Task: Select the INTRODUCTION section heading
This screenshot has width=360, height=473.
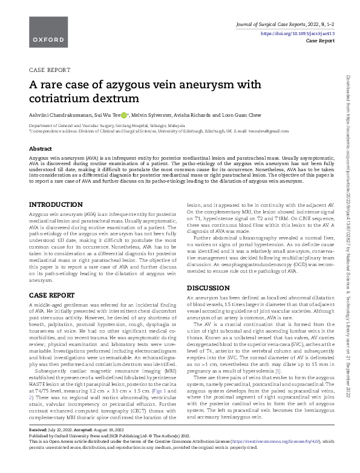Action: (x=56, y=205)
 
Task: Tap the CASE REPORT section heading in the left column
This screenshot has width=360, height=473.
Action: (x=51, y=294)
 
